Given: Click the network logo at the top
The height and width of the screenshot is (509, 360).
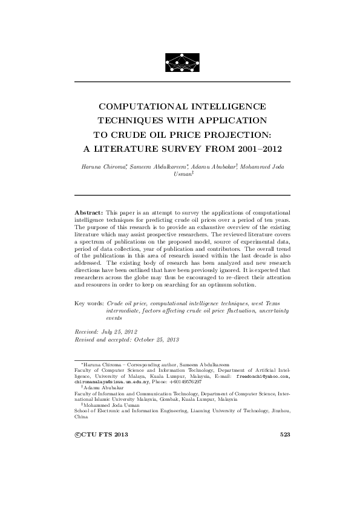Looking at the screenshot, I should point(182,61).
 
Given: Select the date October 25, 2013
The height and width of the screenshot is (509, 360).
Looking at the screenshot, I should point(154,340).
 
